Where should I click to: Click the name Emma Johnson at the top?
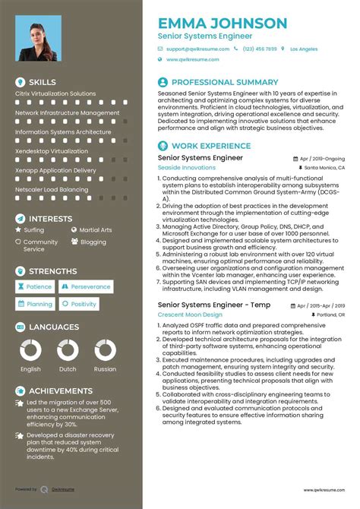point(223,24)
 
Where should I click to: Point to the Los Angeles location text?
point(303,49)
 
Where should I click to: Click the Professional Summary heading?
point(224,82)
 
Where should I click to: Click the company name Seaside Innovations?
point(186,167)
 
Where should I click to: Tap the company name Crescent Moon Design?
point(190,314)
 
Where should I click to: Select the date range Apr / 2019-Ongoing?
point(321,159)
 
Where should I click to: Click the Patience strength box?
point(35,287)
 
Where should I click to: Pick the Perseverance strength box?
point(87,287)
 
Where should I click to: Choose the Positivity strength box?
point(80,304)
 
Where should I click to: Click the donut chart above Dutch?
point(68,350)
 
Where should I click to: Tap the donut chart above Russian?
point(105,350)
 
